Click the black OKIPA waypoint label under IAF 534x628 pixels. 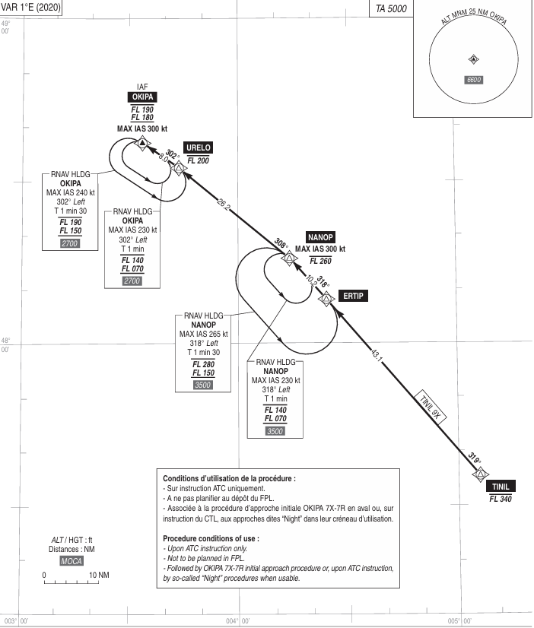[142, 97]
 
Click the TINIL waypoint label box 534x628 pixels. [500, 487]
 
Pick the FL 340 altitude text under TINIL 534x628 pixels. [500, 500]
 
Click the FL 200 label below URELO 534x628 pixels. [198, 160]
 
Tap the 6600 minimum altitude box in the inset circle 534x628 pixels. [473, 80]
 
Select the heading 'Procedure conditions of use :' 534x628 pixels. [214, 538]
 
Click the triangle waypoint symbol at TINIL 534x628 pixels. [480, 475]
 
